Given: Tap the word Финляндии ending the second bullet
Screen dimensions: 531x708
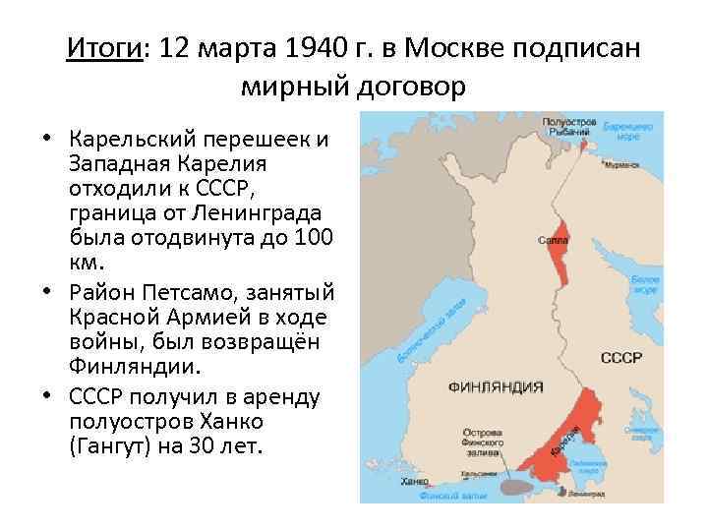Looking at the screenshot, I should coord(135,369).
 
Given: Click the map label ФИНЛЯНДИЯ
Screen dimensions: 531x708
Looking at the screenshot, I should coord(496,386).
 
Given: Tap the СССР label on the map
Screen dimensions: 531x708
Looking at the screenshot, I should coord(621,358).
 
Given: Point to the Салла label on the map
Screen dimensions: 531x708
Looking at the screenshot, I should coord(552,240).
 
